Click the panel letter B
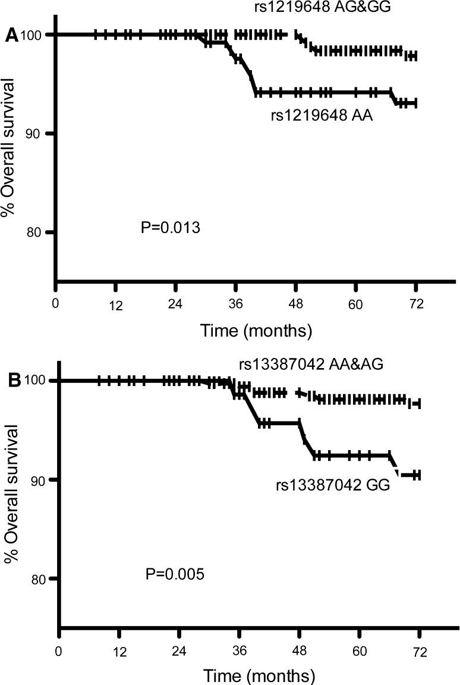pyautogui.click(x=13, y=381)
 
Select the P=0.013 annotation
pyautogui.click(x=171, y=228)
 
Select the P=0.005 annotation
pyautogui.click(x=175, y=574)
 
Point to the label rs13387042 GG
pyautogui.click(x=332, y=486)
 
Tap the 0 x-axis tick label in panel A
pyautogui.click(x=55, y=302)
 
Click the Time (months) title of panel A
pyautogui.click(x=256, y=329)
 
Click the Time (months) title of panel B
pyautogui.click(x=259, y=676)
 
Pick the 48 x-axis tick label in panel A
pyautogui.click(x=295, y=303)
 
